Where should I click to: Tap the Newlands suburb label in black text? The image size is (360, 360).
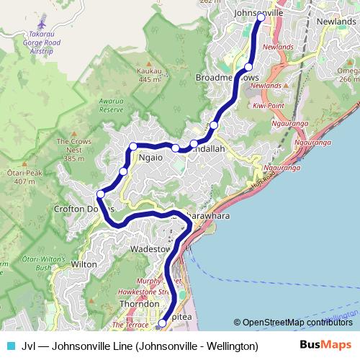(335, 22)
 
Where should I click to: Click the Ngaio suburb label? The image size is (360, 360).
(151, 156)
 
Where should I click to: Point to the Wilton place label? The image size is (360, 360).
(84, 264)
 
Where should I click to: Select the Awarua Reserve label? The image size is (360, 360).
(112, 106)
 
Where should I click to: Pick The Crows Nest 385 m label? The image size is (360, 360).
(73, 150)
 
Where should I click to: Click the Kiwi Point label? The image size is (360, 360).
(268, 106)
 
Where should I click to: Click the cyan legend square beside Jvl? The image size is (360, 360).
(9, 345)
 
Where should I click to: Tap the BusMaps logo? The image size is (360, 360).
(325, 345)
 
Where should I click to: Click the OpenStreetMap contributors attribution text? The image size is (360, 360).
(297, 323)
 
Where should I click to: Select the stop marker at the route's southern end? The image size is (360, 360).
(162, 324)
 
